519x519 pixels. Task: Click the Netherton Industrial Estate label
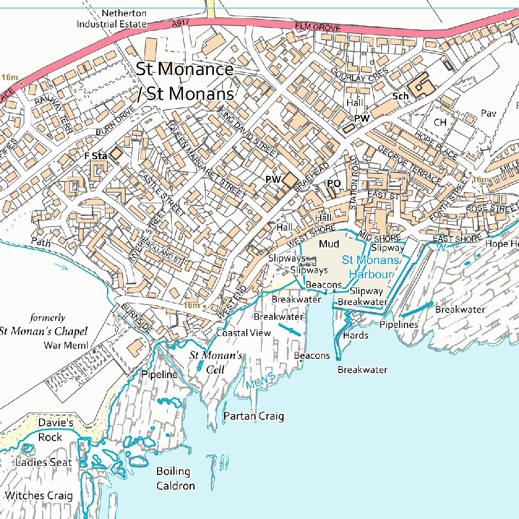click(x=112, y=19)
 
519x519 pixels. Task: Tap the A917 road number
click(x=180, y=23)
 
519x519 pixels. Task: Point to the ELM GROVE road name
click(x=318, y=27)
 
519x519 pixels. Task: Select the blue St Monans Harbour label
click(x=370, y=267)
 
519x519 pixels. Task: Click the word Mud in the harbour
click(x=329, y=244)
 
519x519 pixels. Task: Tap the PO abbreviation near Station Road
click(x=333, y=183)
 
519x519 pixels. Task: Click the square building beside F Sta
click(x=117, y=154)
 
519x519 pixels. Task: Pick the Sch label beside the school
click(x=400, y=96)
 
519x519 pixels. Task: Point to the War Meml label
click(x=66, y=346)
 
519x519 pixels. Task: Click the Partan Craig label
click(x=253, y=416)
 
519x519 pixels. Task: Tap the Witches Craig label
click(x=39, y=495)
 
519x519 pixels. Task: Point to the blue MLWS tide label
click(x=261, y=381)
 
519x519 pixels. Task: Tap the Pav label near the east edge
click(x=489, y=114)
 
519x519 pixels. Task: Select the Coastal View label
click(x=243, y=333)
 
